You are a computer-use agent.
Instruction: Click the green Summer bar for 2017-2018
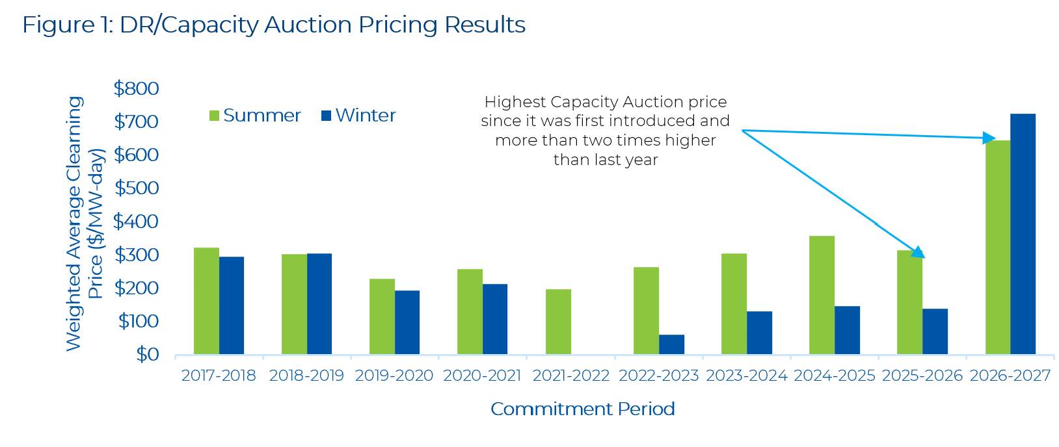point(206,301)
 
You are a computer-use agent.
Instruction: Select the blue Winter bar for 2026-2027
point(1023,234)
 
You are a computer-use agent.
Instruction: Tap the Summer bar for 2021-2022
point(558,322)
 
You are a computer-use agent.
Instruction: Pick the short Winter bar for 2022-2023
point(671,344)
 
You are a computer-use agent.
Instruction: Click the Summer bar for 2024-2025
point(822,295)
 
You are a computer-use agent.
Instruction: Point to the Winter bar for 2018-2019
point(319,303)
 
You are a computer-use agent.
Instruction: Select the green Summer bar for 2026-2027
point(998,247)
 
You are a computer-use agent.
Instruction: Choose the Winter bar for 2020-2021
point(495,319)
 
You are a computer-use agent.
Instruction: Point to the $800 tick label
point(136,88)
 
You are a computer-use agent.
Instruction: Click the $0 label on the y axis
point(147,354)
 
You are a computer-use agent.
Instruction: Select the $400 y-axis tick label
point(136,222)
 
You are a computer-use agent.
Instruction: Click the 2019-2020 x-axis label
point(394,376)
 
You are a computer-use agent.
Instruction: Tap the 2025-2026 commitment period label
point(922,376)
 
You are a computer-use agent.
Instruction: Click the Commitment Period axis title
point(582,409)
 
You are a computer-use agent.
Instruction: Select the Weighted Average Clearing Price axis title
point(85,224)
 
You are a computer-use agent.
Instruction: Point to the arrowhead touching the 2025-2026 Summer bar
point(918,253)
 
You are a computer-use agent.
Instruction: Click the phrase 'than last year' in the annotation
point(606,160)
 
